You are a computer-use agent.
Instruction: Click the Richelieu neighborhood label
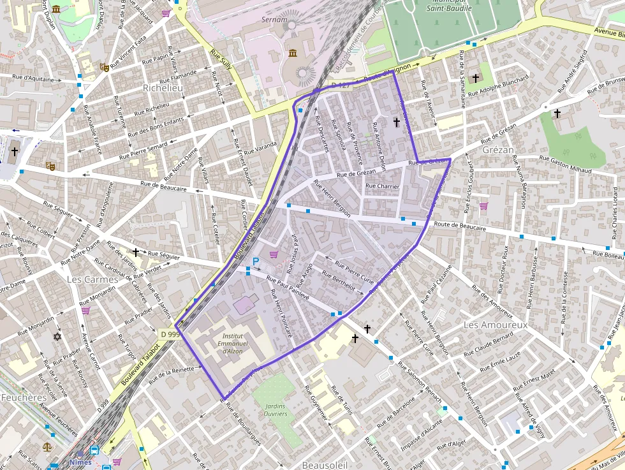(163, 88)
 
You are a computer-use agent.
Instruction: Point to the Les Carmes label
(92, 279)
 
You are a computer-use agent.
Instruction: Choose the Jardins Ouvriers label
(275, 409)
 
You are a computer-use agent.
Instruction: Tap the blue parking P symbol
(256, 261)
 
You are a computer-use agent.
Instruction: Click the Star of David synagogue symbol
(57, 336)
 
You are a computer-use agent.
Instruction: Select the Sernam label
(275, 20)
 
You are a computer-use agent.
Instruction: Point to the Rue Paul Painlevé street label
(288, 288)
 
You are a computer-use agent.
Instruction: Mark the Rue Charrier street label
(382, 186)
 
